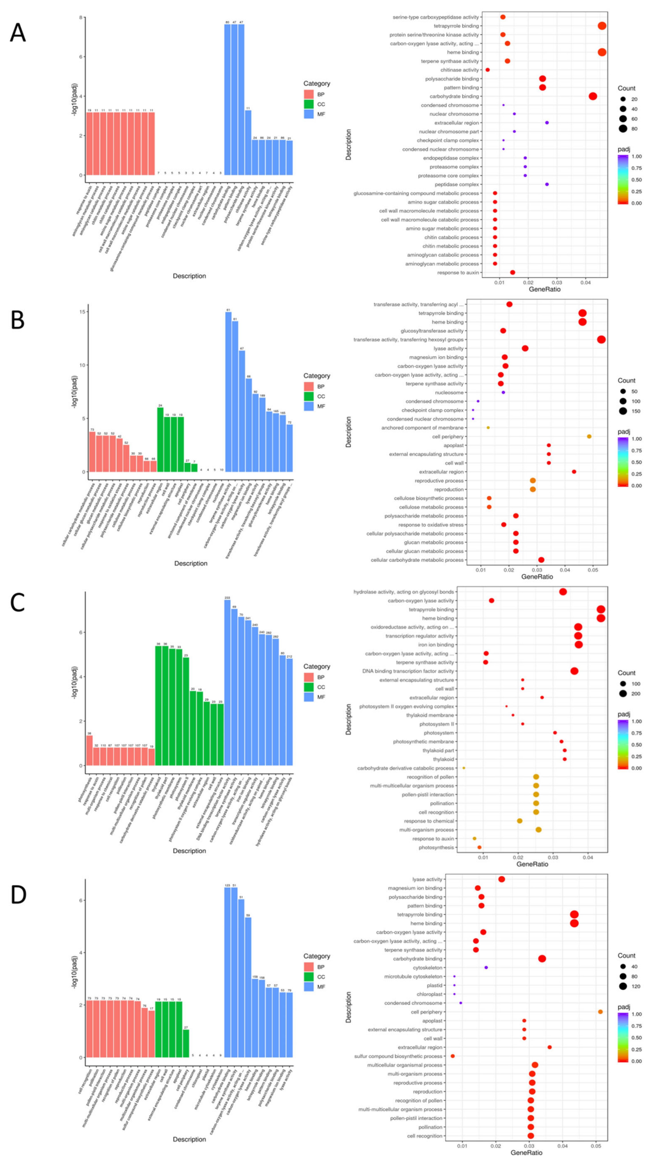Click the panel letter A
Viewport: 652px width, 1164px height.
click(x=18, y=33)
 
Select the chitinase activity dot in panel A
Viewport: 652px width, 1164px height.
click(x=488, y=70)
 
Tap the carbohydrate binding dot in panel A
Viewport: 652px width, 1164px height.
click(x=593, y=96)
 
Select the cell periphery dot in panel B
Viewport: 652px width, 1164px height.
click(x=589, y=436)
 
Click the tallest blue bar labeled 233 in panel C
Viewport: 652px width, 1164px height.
click(x=227, y=682)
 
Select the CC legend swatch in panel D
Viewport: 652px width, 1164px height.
click(x=309, y=977)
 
